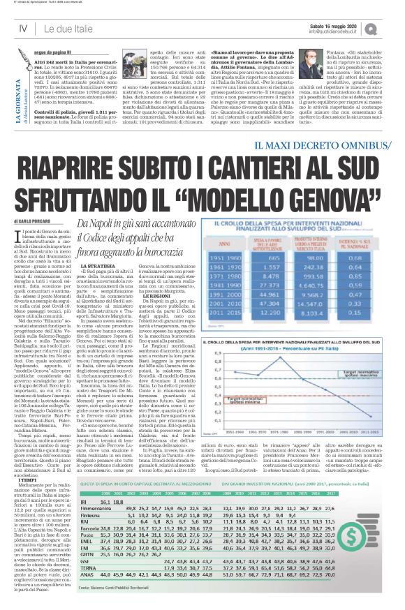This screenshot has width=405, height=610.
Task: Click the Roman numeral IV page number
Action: [x=23, y=27]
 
